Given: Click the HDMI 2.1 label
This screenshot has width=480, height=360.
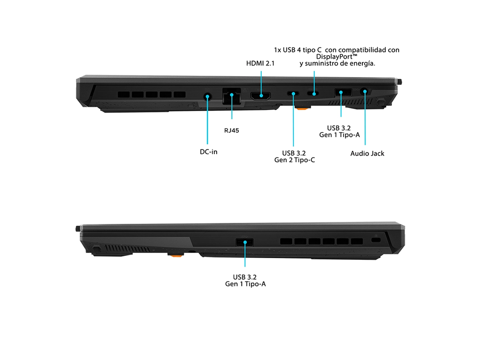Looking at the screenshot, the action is [260, 63].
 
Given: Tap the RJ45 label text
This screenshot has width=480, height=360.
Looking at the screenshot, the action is [232, 131].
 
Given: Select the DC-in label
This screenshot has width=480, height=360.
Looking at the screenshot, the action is [208, 152].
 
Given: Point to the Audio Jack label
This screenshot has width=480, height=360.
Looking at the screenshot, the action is [367, 153].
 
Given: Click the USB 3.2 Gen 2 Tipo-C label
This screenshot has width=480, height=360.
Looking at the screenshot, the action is [294, 157].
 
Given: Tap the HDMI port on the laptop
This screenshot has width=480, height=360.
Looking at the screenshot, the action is [261, 96].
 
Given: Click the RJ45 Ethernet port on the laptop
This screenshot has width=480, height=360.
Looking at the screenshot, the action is [232, 96].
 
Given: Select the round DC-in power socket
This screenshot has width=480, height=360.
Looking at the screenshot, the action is [208, 97].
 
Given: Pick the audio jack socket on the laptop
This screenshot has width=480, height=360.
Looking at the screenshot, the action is [364, 91].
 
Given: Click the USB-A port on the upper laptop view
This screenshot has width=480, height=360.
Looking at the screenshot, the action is [343, 92].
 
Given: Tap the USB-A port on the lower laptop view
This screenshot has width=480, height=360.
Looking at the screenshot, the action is [245, 243].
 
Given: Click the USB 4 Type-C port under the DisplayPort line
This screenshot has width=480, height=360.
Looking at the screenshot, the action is [313, 93].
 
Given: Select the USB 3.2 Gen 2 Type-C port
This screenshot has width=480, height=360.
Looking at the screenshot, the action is [293, 93].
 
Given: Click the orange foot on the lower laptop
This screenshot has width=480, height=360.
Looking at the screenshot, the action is [176, 255].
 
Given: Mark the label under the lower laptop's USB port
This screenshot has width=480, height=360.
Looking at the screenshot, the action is [245, 280].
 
